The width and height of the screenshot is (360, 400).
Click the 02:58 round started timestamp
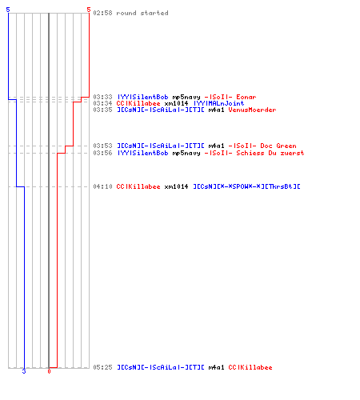click(102, 13)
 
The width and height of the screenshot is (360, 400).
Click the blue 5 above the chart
click(8, 10)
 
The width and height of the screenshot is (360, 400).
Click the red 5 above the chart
click(89, 10)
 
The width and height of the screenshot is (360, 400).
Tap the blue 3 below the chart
click(24, 371)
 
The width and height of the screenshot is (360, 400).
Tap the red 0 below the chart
click(49, 371)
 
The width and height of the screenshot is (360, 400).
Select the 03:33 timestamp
click(102, 97)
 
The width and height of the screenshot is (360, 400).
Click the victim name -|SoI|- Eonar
click(230, 97)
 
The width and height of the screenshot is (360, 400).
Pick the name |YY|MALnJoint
click(218, 103)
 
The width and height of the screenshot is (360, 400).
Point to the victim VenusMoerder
click(252, 110)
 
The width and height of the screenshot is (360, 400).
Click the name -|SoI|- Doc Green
click(262, 146)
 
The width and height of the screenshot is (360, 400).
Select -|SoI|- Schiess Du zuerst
click(254, 153)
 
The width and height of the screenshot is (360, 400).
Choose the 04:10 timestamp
click(102, 186)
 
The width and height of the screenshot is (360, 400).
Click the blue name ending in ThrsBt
click(246, 186)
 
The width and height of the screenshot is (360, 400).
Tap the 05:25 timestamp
click(102, 367)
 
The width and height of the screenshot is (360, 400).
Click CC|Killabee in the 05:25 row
click(250, 367)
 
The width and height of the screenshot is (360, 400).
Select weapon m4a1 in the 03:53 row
click(216, 146)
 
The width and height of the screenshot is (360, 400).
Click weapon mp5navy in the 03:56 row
click(186, 153)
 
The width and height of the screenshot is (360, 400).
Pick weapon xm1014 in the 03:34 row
click(176, 103)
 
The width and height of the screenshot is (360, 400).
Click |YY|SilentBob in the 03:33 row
click(142, 97)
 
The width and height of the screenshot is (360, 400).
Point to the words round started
click(142, 13)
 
